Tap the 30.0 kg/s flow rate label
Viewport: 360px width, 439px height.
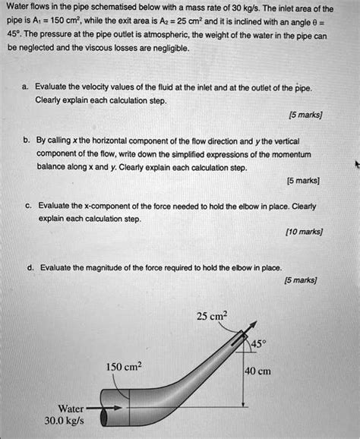click(66, 420)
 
